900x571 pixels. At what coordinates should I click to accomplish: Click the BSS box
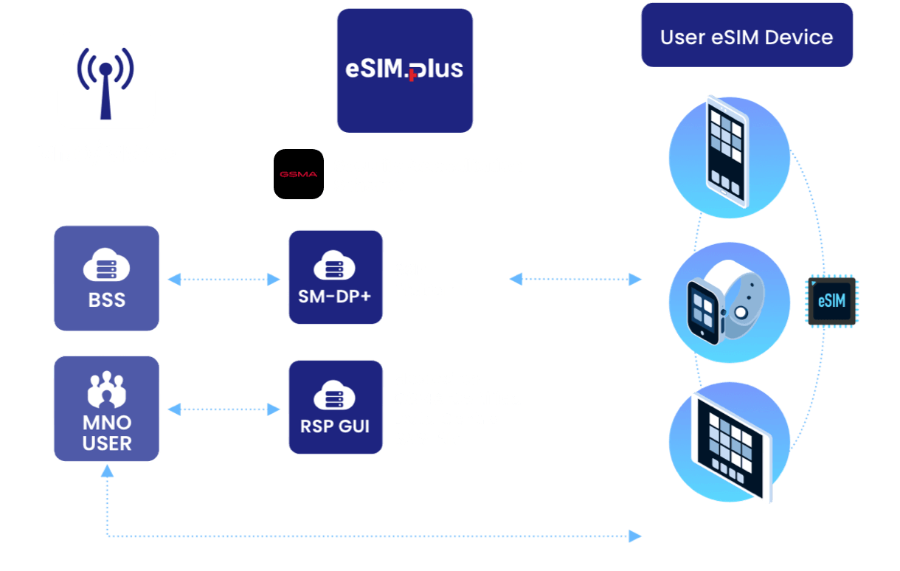click(106, 278)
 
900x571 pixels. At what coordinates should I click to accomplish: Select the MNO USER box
click(106, 408)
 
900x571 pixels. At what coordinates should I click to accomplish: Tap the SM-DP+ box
click(336, 277)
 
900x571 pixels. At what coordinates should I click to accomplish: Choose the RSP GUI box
click(336, 406)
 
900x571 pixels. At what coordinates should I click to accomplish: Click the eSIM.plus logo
click(404, 70)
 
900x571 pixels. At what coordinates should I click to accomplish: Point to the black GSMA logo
click(299, 174)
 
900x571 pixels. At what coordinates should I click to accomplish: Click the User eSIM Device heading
click(747, 37)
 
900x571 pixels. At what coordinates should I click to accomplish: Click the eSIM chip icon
click(831, 301)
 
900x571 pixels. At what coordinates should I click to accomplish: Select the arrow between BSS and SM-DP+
click(224, 279)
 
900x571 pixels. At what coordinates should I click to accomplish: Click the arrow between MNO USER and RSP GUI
click(224, 408)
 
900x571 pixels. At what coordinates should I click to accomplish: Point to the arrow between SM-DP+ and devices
click(575, 279)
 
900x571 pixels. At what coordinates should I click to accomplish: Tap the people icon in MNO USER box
click(106, 390)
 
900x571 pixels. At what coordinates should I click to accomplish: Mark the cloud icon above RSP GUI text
click(336, 396)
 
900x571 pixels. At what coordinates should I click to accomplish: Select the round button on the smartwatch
click(742, 311)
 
